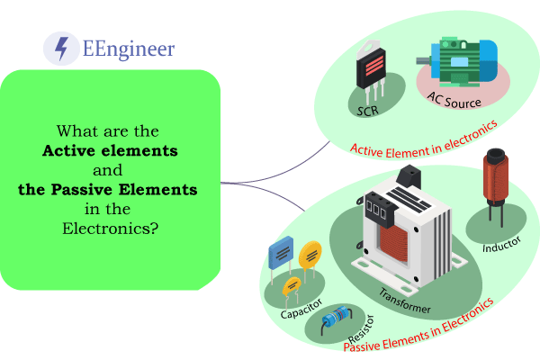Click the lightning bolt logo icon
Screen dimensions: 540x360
[x=61, y=48]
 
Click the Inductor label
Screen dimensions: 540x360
[x=501, y=245]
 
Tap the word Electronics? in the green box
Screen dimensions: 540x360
[x=111, y=229]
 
